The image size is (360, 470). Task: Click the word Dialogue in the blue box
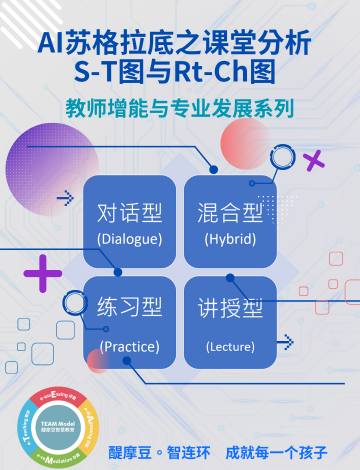(129, 238)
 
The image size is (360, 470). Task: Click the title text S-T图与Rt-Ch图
(180, 71)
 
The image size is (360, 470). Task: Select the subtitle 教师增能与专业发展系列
(180, 106)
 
